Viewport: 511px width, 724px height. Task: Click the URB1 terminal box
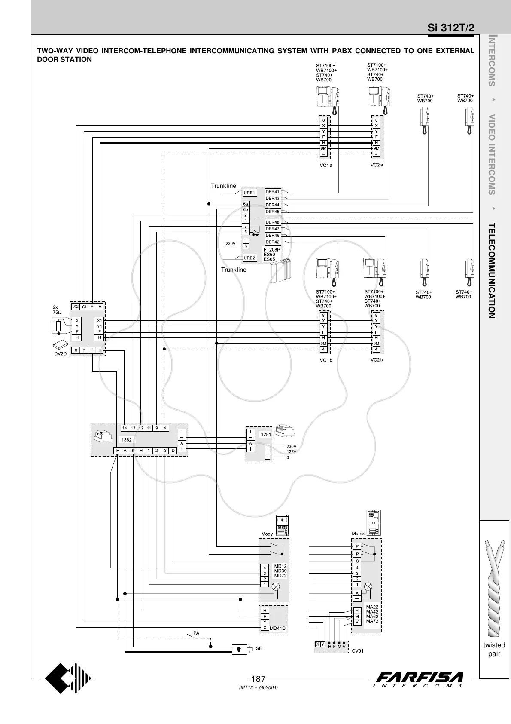click(249, 193)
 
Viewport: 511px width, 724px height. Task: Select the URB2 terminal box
click(249, 258)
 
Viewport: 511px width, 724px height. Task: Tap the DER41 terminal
click(273, 192)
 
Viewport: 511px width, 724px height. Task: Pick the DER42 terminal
click(273, 242)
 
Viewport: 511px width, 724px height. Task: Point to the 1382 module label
click(126, 440)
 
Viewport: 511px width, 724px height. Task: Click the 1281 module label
click(266, 434)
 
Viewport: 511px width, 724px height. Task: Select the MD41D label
click(277, 628)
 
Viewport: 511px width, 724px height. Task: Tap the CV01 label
click(358, 651)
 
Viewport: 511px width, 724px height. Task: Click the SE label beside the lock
click(259, 648)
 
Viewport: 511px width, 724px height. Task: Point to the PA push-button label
click(196, 633)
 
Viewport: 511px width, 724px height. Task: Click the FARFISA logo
click(419, 679)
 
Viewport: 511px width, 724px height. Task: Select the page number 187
click(258, 679)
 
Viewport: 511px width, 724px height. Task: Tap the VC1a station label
click(326, 165)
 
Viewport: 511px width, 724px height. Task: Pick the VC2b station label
click(376, 360)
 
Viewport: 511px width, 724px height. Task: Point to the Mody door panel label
click(267, 534)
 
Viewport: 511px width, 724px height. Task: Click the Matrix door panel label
click(358, 534)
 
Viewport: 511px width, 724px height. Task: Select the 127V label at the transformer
click(291, 452)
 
